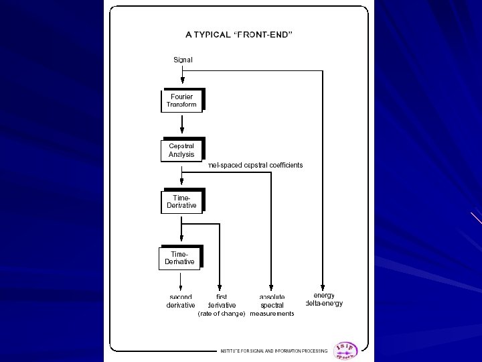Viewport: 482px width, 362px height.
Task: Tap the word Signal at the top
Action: click(x=183, y=60)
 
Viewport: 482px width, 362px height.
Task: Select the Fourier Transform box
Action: click(x=181, y=101)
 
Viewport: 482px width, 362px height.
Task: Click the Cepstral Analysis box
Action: click(x=181, y=150)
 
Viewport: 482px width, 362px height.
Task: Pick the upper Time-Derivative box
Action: click(x=181, y=202)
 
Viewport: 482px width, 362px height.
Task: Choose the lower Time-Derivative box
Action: click(x=180, y=257)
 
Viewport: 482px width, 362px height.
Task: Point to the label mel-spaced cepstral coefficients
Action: click(x=256, y=165)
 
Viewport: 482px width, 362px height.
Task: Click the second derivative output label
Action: click(x=181, y=301)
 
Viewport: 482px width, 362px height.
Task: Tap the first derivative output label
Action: click(x=222, y=301)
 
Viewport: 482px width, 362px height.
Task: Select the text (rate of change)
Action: click(x=222, y=314)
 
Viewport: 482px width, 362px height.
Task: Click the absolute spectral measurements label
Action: click(x=272, y=305)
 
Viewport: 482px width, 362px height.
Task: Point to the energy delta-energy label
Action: click(x=324, y=299)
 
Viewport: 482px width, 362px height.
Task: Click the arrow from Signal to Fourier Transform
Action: click(x=182, y=76)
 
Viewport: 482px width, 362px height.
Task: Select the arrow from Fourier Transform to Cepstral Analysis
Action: click(x=182, y=126)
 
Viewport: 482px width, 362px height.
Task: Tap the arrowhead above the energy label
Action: click(x=323, y=287)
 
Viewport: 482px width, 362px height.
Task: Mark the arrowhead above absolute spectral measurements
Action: click(x=271, y=287)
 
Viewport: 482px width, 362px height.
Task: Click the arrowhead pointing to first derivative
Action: click(x=220, y=287)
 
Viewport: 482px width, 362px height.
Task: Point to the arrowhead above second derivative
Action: click(x=181, y=287)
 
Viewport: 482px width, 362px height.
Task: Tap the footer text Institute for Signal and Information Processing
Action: click(x=274, y=351)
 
